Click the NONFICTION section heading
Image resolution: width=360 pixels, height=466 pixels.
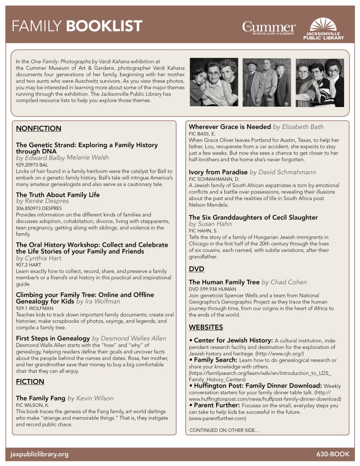[x=38, y=128]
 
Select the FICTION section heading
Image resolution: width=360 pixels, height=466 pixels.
[x=30, y=381]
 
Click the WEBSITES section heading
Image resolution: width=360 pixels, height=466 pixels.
[x=206, y=327]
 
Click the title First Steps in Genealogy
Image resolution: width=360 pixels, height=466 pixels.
[x=52, y=338]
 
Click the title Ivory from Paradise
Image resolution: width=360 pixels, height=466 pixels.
[x=218, y=172]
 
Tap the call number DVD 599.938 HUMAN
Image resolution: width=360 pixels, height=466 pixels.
[x=213, y=289]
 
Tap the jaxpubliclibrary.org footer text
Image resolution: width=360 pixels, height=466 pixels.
[x=40, y=454]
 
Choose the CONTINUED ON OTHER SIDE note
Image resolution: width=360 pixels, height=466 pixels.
[x=224, y=430]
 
